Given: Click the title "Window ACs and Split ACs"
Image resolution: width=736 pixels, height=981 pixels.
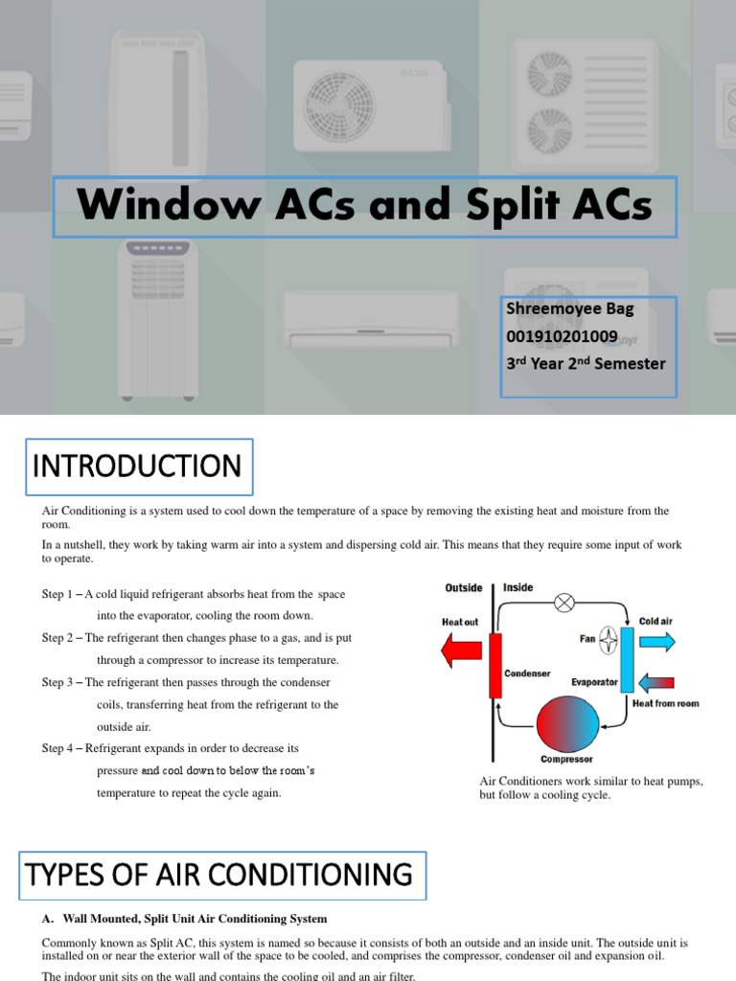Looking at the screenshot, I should pyautogui.click(x=364, y=205).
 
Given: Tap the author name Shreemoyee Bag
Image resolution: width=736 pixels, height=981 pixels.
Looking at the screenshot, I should pyautogui.click(x=570, y=308).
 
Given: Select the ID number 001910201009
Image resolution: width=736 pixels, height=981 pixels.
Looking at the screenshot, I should pyautogui.click(x=563, y=336).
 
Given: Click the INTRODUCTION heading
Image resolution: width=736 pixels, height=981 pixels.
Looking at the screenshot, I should pyautogui.click(x=137, y=467).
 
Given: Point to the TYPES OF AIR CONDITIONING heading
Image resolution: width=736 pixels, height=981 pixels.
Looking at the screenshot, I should pyautogui.click(x=219, y=875).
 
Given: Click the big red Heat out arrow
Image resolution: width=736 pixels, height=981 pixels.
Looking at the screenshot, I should pyautogui.click(x=463, y=651).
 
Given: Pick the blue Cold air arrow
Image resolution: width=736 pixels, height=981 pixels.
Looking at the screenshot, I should pyautogui.click(x=656, y=641).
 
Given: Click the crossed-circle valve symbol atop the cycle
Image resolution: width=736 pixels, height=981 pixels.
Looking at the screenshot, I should pyautogui.click(x=565, y=603).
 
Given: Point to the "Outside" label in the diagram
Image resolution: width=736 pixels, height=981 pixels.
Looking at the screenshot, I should pyautogui.click(x=464, y=587).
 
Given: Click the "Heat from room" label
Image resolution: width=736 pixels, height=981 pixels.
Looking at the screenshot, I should pyautogui.click(x=665, y=703).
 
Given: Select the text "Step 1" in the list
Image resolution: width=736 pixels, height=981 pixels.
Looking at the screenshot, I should pyautogui.click(x=59, y=595).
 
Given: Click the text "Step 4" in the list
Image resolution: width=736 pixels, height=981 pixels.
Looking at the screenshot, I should pyautogui.click(x=59, y=748).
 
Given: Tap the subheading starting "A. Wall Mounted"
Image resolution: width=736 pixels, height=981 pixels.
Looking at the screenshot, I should pyautogui.click(x=184, y=919).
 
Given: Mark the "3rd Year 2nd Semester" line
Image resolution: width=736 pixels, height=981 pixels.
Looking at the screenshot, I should pyautogui.click(x=586, y=364).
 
